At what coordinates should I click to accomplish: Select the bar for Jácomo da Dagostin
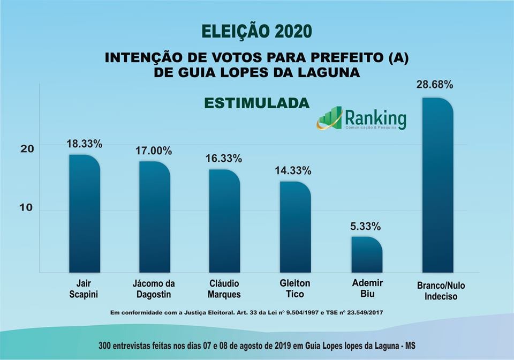[x=154, y=216]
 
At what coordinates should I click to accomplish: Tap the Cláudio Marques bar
[x=224, y=221]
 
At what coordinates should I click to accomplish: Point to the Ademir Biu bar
[x=367, y=254]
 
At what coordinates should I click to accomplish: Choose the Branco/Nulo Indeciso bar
[x=437, y=185]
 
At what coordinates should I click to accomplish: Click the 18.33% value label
[x=84, y=144]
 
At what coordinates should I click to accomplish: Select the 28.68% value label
[x=435, y=85]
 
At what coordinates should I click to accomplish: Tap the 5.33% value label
[x=366, y=227]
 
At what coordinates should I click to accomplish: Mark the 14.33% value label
[x=293, y=171]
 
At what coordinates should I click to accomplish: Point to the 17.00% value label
[x=154, y=151]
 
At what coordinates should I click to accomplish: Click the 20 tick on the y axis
[x=27, y=148]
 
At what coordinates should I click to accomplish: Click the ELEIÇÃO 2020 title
[x=256, y=31]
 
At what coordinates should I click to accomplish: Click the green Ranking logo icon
[x=329, y=118]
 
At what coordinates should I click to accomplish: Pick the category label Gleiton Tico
[x=295, y=289]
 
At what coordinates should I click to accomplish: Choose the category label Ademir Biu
[x=367, y=289]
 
